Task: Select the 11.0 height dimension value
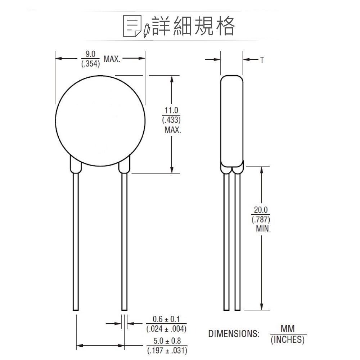point(172,111)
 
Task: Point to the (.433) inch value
point(172,120)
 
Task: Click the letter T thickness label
point(262,60)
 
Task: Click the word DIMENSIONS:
point(234,334)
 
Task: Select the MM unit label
point(288,329)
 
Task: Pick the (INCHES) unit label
point(288,339)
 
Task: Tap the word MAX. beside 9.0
point(112,59)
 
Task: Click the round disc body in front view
point(100,122)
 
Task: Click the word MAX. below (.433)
point(172,130)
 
